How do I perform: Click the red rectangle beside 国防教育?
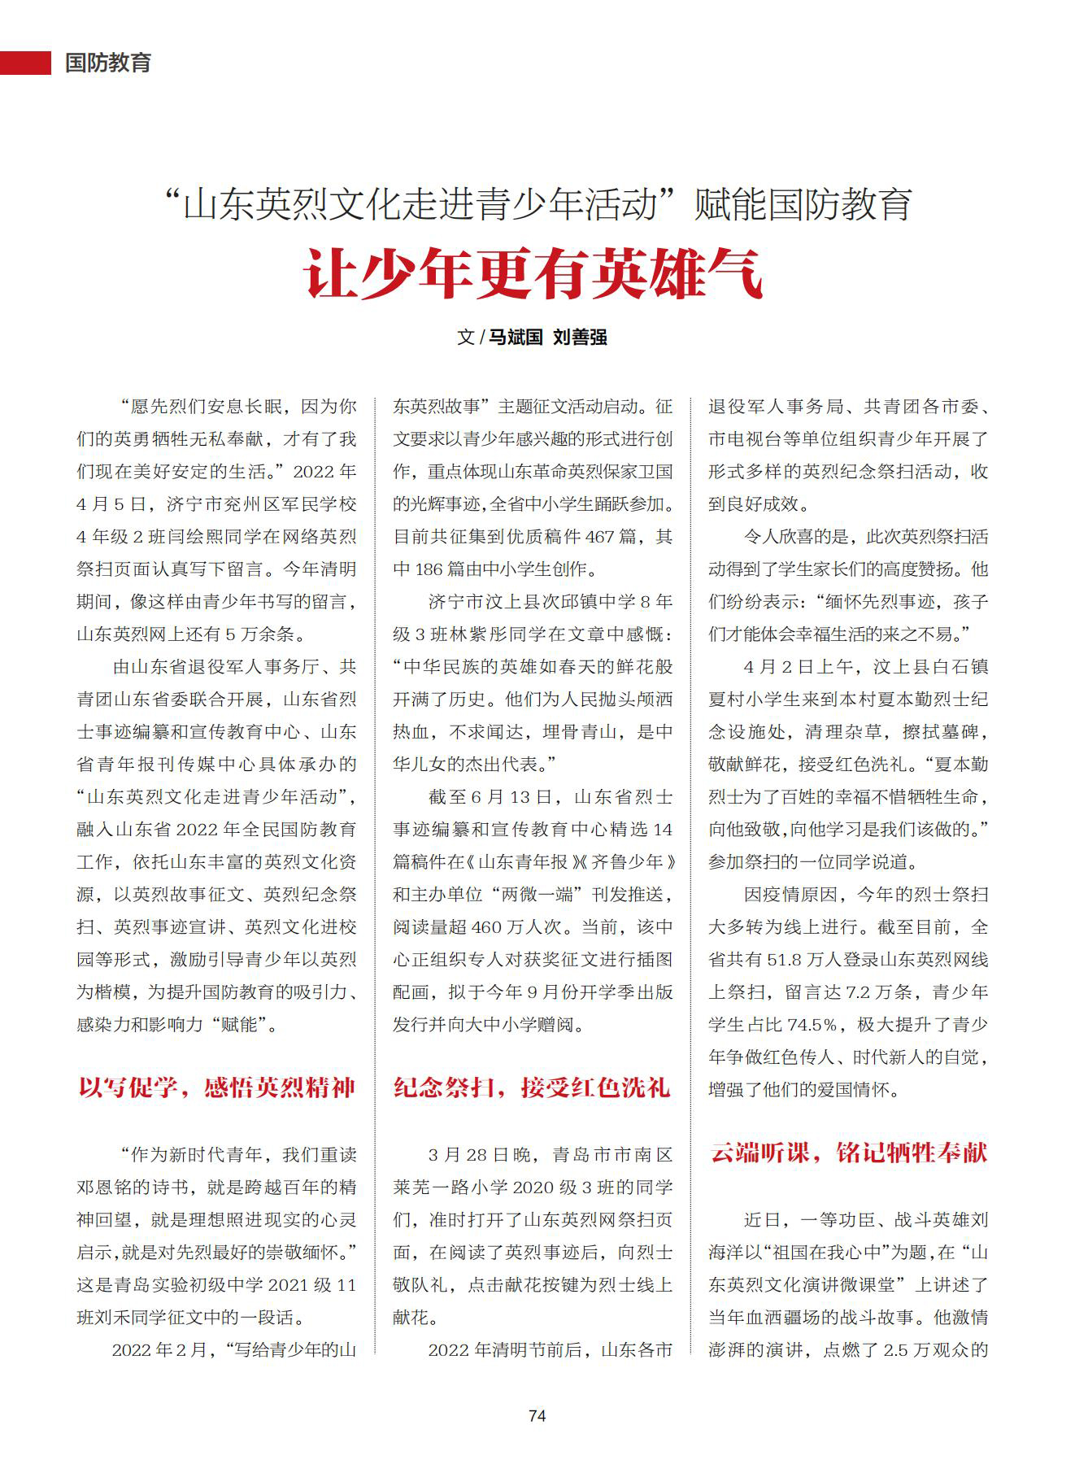[25, 63]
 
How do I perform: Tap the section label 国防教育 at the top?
[108, 63]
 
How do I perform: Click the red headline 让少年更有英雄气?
[534, 274]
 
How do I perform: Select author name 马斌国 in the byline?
[516, 337]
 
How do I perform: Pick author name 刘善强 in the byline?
[580, 337]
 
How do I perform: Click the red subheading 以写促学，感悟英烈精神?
[216, 1087]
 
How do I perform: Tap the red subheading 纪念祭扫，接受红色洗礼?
[532, 1087]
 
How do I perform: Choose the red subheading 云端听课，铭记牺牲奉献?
[849, 1153]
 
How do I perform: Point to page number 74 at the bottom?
[537, 1415]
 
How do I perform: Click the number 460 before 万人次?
[486, 927]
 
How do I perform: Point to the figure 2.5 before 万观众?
[895, 1350]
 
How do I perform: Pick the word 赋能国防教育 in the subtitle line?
[803, 204]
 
